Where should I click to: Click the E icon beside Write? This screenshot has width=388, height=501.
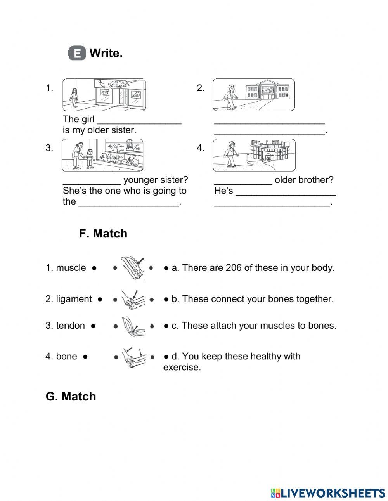tap(77, 53)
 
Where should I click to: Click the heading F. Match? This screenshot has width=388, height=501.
tap(103, 234)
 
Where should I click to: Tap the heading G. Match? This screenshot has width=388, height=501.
tap(71, 397)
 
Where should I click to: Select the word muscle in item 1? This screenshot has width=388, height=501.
tap(71, 268)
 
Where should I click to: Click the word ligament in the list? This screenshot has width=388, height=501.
tap(74, 299)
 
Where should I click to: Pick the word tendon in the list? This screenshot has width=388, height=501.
tap(70, 326)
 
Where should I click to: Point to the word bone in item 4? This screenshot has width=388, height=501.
tap(66, 356)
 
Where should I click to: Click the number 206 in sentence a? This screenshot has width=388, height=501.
tap(234, 268)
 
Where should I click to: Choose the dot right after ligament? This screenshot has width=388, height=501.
tap(100, 299)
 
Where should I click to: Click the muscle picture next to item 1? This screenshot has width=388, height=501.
tap(132, 267)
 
